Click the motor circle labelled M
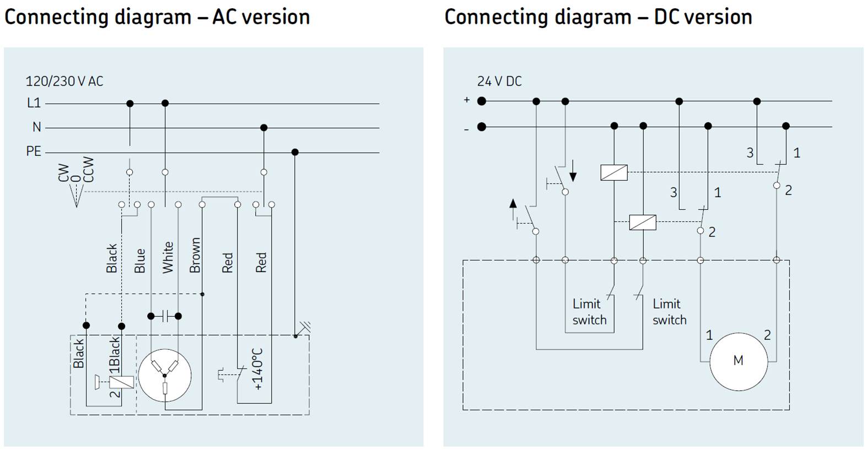pyautogui.click(x=738, y=361)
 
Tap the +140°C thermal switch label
pyautogui.click(x=258, y=369)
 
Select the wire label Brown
pyautogui.click(x=195, y=256)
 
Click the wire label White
pyautogui.click(x=168, y=257)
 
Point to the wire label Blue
pyautogui.click(x=140, y=260)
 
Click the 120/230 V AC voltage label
pyautogui.click(x=64, y=81)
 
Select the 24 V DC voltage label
pyautogui.click(x=499, y=81)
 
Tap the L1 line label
pyautogui.click(x=34, y=103)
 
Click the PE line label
pyautogui.click(x=34, y=151)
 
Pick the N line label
pyautogui.click(x=36, y=127)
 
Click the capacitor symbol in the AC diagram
pyautogui.click(x=165, y=316)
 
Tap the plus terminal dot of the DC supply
pyautogui.click(x=482, y=101)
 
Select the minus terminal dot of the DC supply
pyautogui.click(x=482, y=127)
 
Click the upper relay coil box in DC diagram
pyautogui.click(x=614, y=172)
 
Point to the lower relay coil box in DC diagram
pyautogui.click(x=643, y=222)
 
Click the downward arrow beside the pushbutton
pyautogui.click(x=573, y=171)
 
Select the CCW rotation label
pyautogui.click(x=88, y=170)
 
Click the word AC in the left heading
pyautogui.click(x=224, y=17)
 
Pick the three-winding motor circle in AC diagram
pyautogui.click(x=165, y=377)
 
